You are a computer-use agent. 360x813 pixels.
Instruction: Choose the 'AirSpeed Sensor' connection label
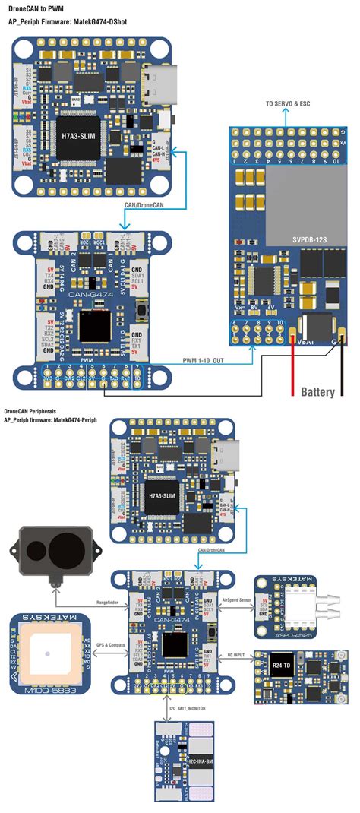[232, 599]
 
